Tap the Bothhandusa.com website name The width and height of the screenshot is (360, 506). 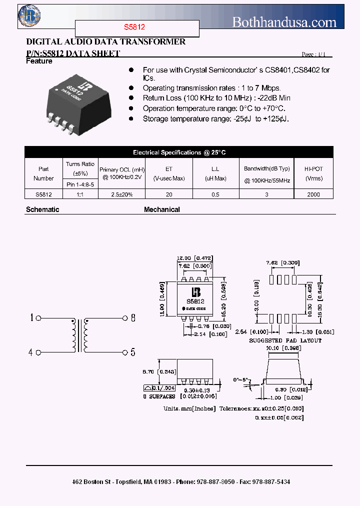(x=284, y=22)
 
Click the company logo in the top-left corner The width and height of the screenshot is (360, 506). (x=28, y=16)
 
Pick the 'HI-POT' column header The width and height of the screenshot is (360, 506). (x=313, y=169)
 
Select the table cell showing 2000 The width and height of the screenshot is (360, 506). (x=313, y=194)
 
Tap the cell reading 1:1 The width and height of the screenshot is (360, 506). (x=80, y=194)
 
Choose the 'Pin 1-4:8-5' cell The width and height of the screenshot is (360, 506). (x=80, y=184)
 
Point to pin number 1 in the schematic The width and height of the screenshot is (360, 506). (x=31, y=317)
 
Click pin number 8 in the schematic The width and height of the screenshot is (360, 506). (x=133, y=317)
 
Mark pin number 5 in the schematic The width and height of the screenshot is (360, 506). (x=133, y=352)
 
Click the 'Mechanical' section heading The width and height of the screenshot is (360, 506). (x=162, y=209)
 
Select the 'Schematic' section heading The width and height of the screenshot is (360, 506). (x=42, y=209)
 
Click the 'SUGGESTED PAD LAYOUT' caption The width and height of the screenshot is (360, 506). (x=285, y=340)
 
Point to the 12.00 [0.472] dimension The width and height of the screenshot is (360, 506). (x=195, y=258)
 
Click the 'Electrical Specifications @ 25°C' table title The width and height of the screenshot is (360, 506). (x=179, y=152)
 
